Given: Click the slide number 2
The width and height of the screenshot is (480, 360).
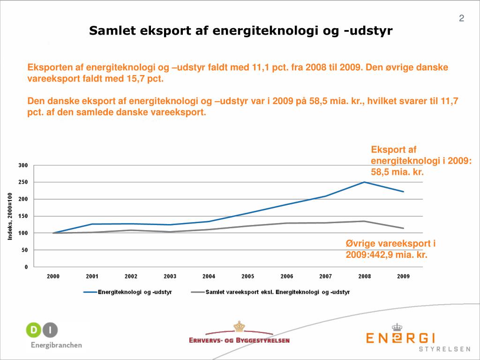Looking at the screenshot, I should [461, 19].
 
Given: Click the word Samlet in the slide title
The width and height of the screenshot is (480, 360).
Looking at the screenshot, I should [109, 31].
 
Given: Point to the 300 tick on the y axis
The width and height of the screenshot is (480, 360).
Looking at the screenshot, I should [23, 165].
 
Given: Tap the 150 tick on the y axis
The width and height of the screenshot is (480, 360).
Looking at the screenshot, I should [23, 216].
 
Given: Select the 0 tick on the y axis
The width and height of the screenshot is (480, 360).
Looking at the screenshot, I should [26, 267].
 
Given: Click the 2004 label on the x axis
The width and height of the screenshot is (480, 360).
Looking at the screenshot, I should [209, 277].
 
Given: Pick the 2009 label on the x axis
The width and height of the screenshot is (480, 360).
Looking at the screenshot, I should [404, 277].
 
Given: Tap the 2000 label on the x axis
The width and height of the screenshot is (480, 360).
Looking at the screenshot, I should [53, 277].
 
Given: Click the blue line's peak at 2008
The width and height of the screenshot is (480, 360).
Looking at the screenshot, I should [364, 182].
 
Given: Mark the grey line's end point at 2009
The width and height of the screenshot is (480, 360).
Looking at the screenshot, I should [404, 228].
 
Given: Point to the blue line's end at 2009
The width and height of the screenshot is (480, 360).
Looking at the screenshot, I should [404, 192].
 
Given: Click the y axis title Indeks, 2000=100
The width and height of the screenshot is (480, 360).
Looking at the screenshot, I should [10, 216].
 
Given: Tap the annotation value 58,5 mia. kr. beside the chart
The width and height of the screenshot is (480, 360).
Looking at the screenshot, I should [397, 172].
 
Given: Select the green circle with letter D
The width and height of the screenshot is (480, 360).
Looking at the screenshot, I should [34, 330].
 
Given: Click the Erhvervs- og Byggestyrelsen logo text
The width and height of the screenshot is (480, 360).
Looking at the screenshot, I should [239, 340].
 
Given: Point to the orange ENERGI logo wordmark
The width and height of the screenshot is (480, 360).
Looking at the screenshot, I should [401, 338].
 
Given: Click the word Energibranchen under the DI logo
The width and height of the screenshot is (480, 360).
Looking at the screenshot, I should [56, 345].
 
